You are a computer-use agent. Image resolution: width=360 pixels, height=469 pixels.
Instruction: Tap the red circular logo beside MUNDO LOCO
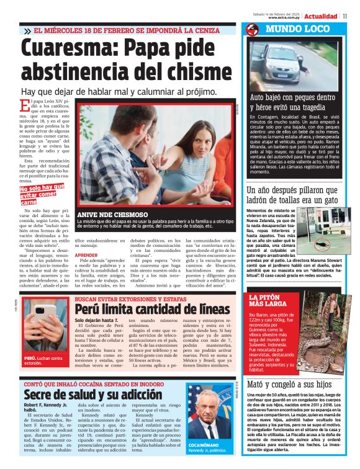[252, 29]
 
